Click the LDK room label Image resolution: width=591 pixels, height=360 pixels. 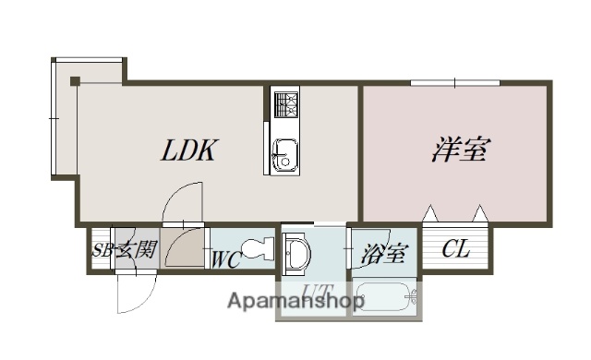191,150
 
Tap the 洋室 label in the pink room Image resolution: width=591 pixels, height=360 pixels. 458,150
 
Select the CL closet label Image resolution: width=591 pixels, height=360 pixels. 454,248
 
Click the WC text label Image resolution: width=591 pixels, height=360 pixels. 227,259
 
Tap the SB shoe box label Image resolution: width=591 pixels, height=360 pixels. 103,249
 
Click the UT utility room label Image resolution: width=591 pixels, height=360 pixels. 317,294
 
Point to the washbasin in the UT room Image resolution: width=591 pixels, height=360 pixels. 296,255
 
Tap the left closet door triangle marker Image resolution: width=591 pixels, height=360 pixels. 431,214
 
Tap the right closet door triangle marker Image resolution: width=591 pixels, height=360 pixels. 479,214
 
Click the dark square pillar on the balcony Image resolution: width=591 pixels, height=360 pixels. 76,80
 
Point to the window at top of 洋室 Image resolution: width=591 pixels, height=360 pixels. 455,84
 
